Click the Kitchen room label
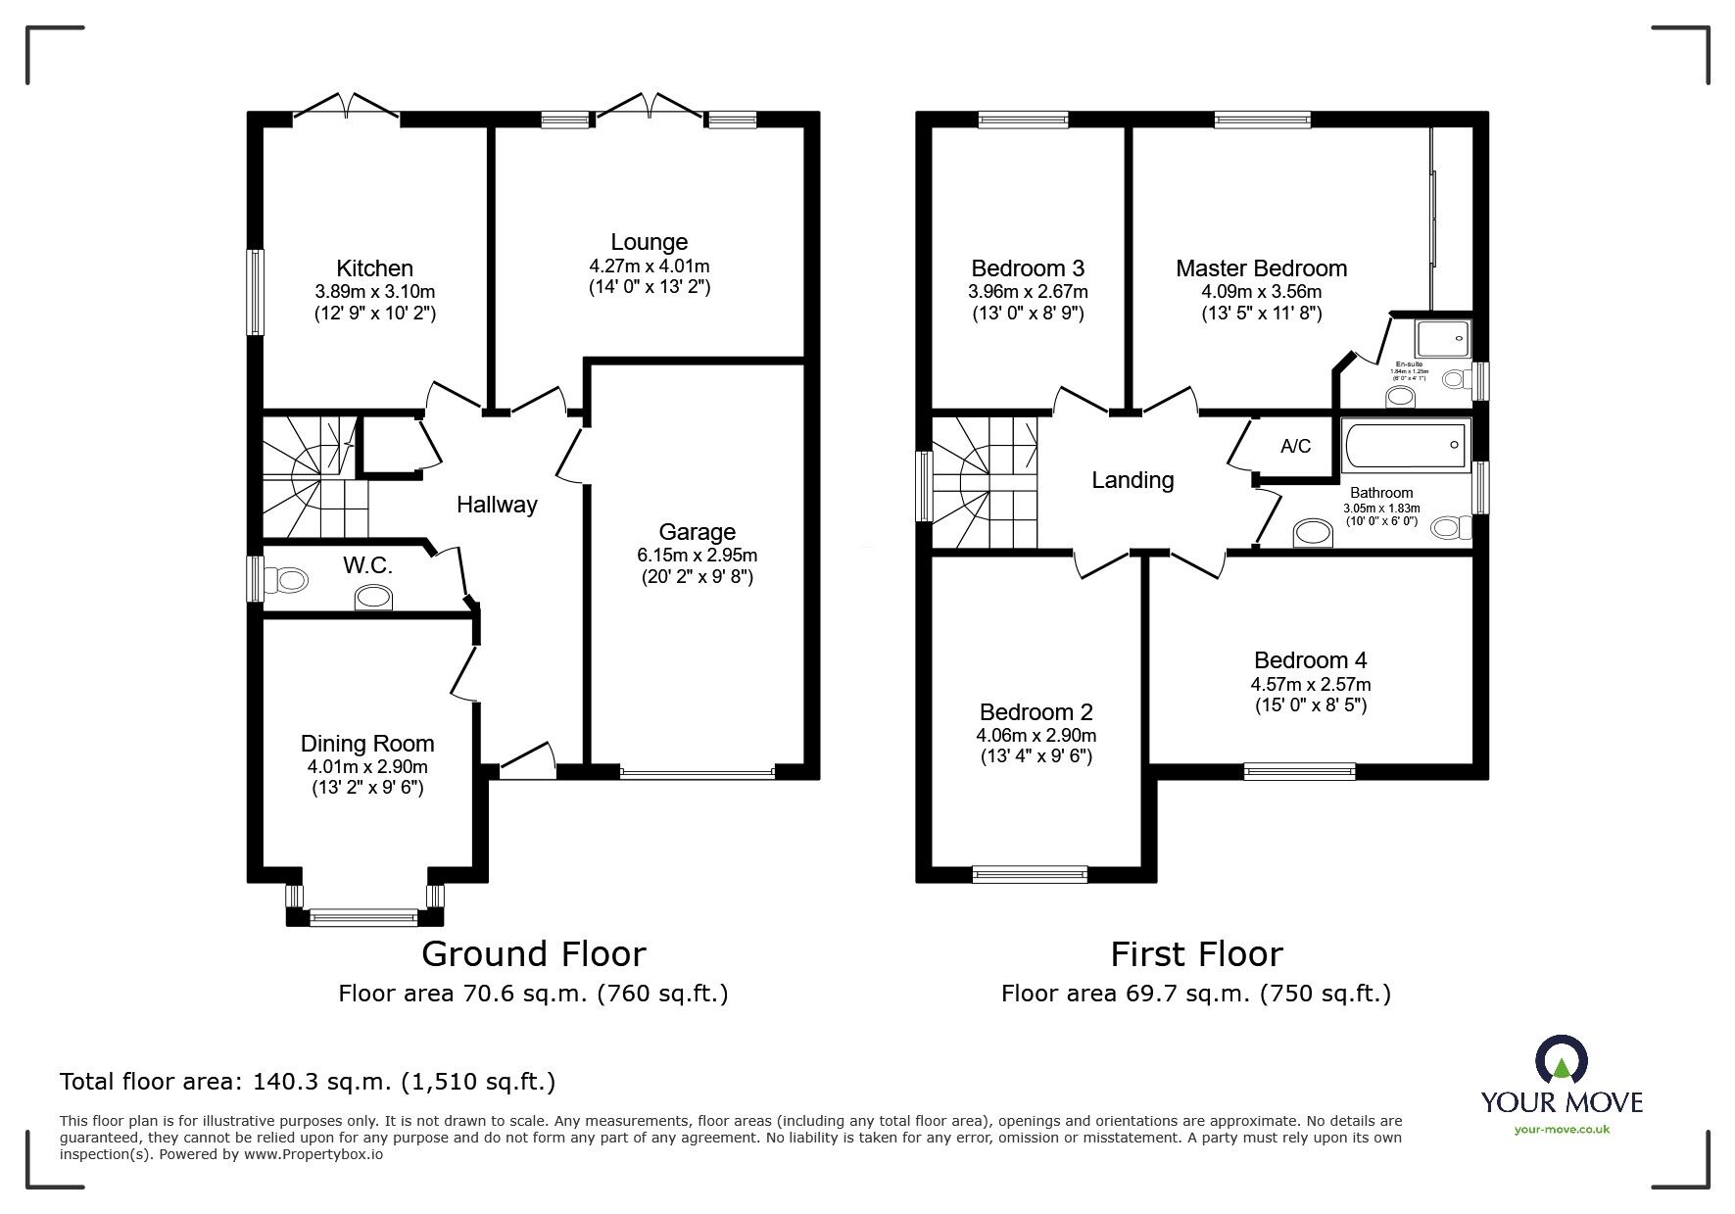click(374, 268)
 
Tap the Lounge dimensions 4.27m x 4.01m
click(649, 266)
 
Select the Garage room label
click(697, 532)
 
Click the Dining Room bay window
click(364, 917)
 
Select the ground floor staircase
click(312, 478)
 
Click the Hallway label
click(497, 505)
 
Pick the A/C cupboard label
click(1295, 447)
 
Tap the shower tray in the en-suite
click(1443, 338)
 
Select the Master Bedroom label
click(1261, 268)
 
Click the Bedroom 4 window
click(1299, 771)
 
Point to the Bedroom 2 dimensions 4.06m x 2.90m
click(1036, 735)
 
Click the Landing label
click(1133, 480)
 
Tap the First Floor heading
click(1195, 953)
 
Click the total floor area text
click(308, 1082)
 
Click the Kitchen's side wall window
click(255, 291)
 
